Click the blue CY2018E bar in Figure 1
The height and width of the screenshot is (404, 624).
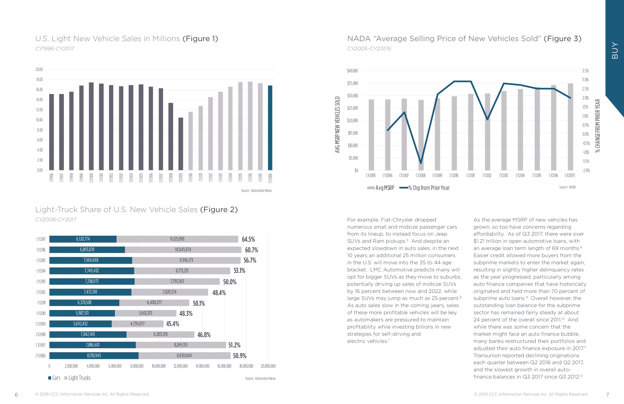coord(270,128)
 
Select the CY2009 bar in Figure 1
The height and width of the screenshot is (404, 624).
coord(181,144)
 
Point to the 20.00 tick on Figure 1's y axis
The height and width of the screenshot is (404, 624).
coord(39,70)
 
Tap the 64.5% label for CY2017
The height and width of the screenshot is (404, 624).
coord(248,239)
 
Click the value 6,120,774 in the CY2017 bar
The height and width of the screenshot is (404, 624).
coord(83,239)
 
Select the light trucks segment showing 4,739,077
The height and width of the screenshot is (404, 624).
coord(137,324)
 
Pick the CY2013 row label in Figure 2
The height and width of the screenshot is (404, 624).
coord(41,282)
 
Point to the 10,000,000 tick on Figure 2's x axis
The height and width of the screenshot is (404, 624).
coord(159,366)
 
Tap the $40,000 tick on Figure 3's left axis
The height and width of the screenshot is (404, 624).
coord(352,71)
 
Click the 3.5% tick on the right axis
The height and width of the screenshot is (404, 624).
coord(585,71)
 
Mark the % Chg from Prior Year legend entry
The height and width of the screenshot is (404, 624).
coord(425,188)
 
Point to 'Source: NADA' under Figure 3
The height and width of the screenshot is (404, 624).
coord(567,187)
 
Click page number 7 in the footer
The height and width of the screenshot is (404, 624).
coord(607,395)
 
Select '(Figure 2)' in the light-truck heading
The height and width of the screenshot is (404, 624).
coord(219,210)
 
